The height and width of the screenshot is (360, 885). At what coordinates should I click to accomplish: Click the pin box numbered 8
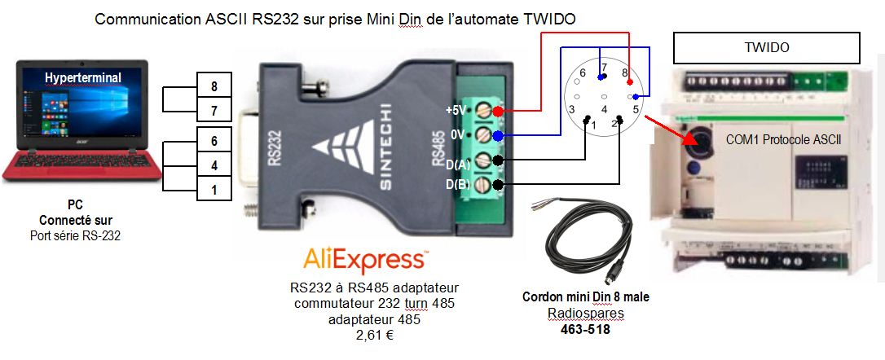click(214, 86)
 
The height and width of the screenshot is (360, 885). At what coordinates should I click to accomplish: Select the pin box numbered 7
click(214, 111)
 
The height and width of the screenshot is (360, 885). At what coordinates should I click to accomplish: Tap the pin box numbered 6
click(214, 141)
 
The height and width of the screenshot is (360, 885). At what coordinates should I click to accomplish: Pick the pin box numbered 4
click(214, 165)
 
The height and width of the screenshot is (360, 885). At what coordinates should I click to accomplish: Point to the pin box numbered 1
click(214, 191)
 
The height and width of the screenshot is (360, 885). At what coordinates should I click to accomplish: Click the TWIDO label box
click(766, 48)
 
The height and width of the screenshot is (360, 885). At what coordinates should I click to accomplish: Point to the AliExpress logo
click(364, 260)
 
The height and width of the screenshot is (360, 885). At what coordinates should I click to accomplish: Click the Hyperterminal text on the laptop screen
click(83, 77)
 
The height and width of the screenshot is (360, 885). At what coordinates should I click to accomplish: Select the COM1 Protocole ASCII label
click(783, 139)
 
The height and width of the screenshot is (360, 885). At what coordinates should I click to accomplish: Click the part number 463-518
click(584, 330)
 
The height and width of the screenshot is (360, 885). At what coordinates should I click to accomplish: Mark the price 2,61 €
click(374, 334)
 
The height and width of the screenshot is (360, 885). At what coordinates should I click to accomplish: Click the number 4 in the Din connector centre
click(604, 108)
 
